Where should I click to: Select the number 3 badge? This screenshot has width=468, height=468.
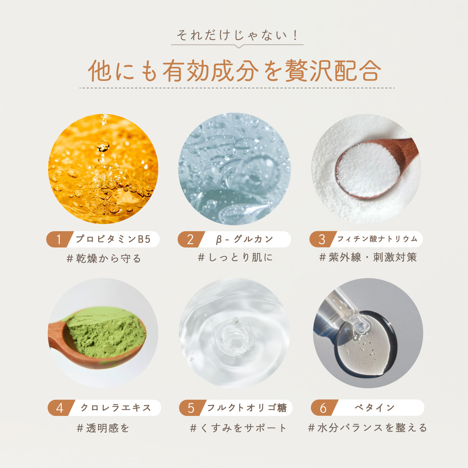tap(322, 239)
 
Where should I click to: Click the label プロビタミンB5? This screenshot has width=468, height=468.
tap(113, 239)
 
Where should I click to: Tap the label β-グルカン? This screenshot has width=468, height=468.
tap(245, 239)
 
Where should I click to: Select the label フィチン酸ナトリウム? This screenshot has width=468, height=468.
tap(377, 239)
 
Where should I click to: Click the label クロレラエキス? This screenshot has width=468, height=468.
tap(116, 408)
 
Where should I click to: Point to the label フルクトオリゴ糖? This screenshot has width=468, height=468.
tap(247, 408)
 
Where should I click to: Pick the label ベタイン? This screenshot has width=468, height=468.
tap(375, 408)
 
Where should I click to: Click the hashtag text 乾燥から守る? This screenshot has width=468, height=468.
tap(108, 259)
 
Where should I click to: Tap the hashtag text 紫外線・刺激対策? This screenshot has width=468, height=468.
tap(373, 257)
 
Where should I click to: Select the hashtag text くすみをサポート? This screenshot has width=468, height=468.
tap(244, 428)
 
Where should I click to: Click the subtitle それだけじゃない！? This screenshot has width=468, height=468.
tap(237, 36)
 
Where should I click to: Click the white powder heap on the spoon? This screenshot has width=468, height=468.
tap(368, 170)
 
